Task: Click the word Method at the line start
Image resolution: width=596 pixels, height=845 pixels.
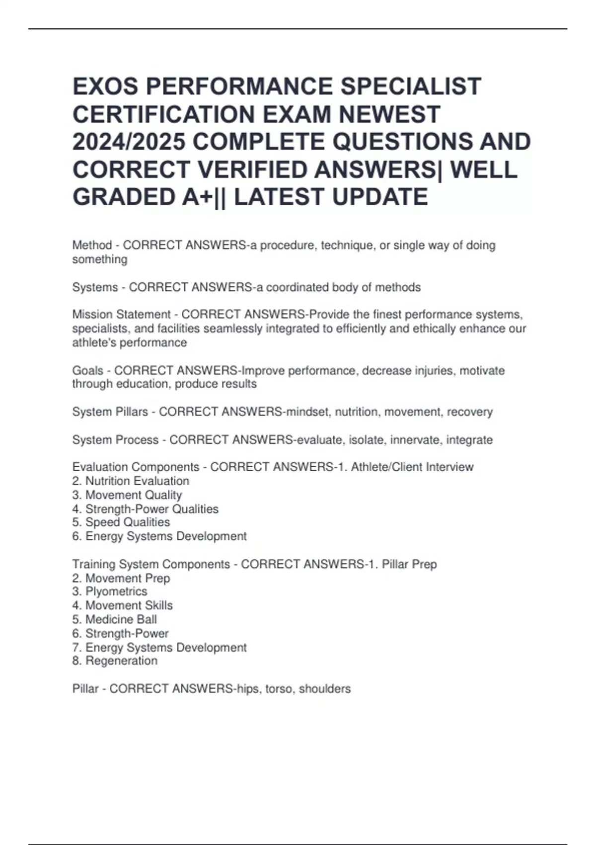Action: [92, 245]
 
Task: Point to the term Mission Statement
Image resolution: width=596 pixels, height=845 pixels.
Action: [121, 315]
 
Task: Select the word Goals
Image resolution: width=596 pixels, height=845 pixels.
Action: [88, 370]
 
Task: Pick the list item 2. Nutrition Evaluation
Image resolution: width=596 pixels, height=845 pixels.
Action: [131, 481]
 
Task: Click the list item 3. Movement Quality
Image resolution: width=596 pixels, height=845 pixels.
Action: [127, 495]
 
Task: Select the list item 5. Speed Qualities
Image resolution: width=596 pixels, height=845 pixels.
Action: [121, 522]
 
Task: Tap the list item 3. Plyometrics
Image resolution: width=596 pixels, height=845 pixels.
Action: [110, 591]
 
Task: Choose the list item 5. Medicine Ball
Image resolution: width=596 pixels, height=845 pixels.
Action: [115, 619]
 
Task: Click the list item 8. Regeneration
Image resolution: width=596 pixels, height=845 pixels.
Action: [115, 661]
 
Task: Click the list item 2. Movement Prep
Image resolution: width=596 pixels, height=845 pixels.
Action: [121, 578]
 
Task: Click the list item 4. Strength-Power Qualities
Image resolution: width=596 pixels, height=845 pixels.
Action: [146, 509]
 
